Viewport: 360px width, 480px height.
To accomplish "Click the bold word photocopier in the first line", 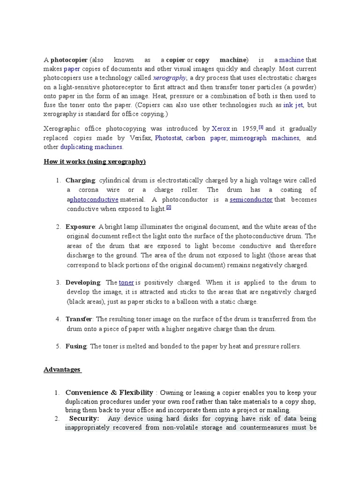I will click(x=68, y=60).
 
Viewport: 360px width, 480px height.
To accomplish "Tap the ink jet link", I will click(x=293, y=105).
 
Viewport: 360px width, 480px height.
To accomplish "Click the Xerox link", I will click(x=221, y=128).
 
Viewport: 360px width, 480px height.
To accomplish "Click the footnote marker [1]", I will click(x=261, y=127).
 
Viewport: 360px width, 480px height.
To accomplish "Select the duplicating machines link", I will click(x=91, y=147).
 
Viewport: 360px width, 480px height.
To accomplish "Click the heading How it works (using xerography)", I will click(x=95, y=162).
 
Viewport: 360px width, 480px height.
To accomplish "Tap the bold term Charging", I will click(x=80, y=180).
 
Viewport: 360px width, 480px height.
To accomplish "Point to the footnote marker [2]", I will click(x=168, y=207).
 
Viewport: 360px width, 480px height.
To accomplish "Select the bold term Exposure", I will click(x=81, y=227).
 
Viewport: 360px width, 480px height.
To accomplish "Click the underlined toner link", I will click(x=127, y=283).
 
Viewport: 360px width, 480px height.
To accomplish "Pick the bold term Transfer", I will click(x=78, y=319).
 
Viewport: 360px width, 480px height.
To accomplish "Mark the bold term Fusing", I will click(x=76, y=346).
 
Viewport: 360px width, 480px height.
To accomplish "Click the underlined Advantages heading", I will click(x=62, y=369).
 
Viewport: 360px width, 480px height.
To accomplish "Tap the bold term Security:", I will click(x=84, y=419).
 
